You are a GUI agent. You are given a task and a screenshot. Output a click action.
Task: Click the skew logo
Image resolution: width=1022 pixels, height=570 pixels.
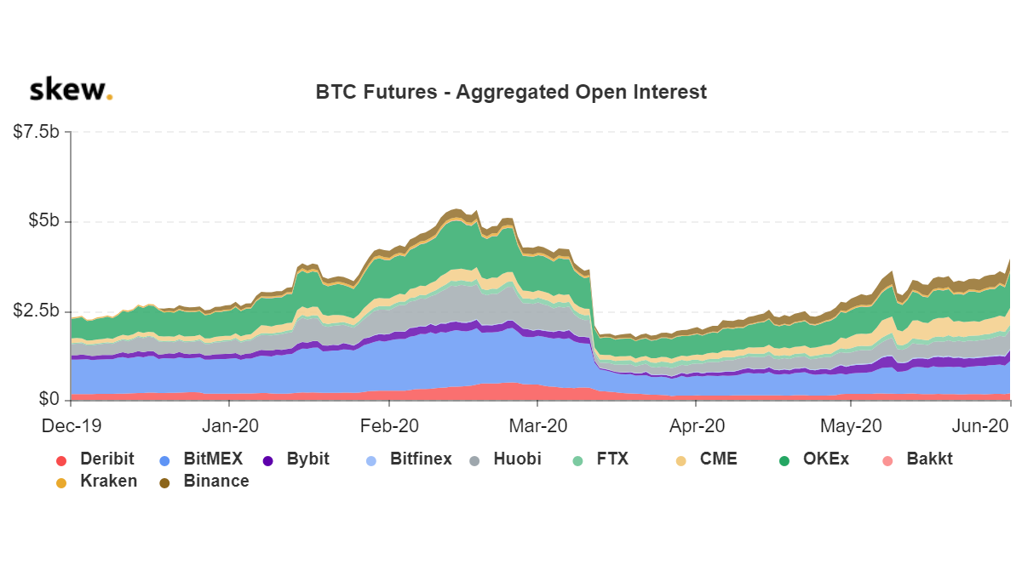(x=71, y=90)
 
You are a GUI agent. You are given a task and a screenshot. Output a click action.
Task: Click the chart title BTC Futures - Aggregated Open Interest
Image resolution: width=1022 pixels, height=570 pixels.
(x=511, y=92)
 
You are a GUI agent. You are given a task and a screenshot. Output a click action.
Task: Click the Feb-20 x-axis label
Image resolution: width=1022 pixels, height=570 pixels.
(x=389, y=424)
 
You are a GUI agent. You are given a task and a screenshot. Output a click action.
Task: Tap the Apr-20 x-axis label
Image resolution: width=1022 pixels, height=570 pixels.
(x=697, y=424)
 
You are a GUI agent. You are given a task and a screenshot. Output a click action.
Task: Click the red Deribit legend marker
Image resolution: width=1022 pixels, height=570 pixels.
(x=61, y=460)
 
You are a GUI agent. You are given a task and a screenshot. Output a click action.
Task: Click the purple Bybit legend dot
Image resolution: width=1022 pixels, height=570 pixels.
(x=268, y=460)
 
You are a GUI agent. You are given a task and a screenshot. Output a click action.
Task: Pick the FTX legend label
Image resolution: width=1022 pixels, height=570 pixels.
(x=612, y=459)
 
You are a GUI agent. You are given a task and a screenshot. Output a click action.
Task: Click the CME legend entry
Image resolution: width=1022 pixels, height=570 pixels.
(x=718, y=459)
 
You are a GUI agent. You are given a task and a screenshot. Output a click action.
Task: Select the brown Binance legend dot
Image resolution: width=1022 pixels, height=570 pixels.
(x=164, y=482)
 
